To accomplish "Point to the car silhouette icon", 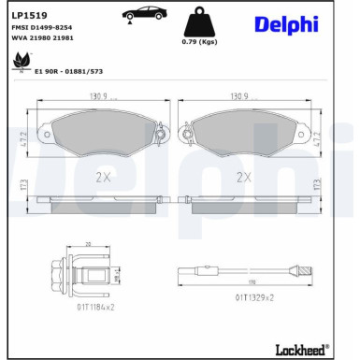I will (x=141, y=14).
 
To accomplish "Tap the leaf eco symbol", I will (x=18, y=64).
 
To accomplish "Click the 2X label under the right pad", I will (x=245, y=174).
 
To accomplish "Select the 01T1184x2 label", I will (x=90, y=305).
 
